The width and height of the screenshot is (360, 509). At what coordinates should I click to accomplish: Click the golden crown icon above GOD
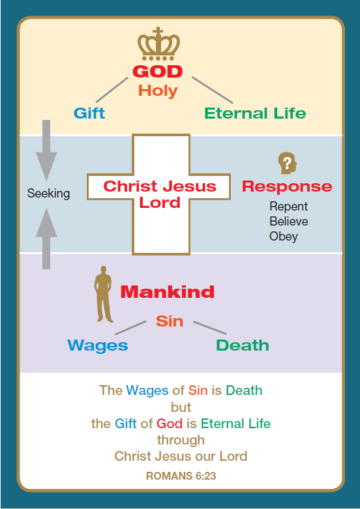158,44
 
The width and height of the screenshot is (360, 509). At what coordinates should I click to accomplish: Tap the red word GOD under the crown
158,72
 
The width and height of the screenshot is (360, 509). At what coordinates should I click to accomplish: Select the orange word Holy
158,91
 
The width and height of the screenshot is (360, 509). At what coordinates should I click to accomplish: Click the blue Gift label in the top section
89,113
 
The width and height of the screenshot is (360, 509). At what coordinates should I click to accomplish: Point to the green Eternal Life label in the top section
255,113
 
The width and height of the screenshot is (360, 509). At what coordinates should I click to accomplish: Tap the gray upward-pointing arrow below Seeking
46,239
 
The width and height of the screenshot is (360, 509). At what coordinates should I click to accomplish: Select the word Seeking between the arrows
48,194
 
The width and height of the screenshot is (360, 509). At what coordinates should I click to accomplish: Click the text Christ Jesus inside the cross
160,186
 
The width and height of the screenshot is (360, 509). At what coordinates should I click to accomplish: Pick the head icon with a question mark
288,163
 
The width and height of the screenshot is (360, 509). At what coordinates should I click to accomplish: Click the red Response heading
287,186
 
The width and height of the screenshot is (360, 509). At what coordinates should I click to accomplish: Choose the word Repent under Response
288,207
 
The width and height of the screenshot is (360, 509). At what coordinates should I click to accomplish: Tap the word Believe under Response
289,222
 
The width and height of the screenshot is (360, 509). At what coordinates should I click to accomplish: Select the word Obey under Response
284,237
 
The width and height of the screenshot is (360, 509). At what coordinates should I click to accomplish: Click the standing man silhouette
103,294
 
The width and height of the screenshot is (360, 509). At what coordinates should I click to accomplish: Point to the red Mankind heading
168,292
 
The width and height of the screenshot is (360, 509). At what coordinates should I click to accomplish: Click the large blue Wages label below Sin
97,345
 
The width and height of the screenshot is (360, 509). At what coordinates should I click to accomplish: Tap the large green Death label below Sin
243,345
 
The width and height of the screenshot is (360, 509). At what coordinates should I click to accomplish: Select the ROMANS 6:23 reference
181,476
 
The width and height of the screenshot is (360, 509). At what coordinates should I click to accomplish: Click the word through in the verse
181,440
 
